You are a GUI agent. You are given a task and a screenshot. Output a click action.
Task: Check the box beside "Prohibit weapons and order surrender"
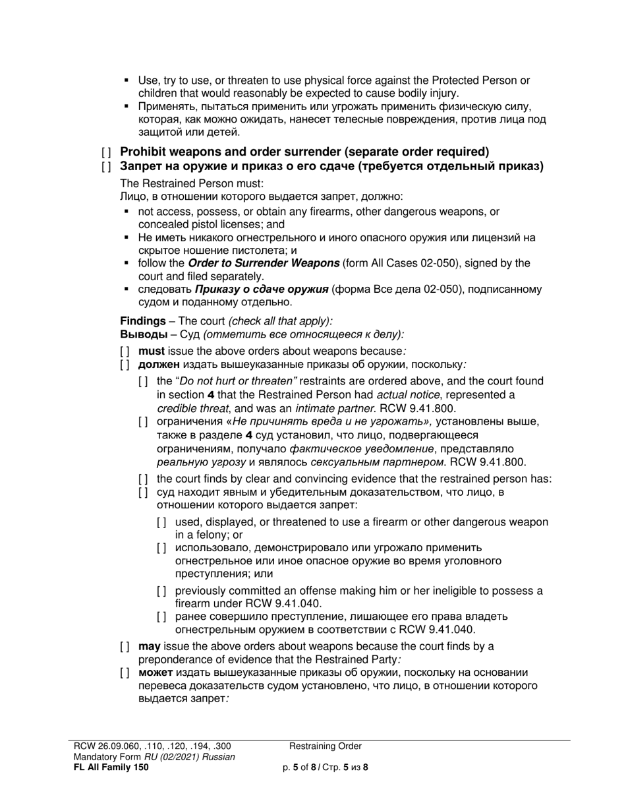pos(106,152)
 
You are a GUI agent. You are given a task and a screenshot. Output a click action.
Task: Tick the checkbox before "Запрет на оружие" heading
pos(106,167)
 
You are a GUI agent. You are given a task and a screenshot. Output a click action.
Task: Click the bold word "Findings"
pos(143,321)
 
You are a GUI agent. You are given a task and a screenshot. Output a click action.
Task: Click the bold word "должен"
pos(159,364)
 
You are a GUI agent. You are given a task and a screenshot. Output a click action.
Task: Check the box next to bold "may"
pos(125,646)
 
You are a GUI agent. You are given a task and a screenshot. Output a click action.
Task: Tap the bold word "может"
pos(156,673)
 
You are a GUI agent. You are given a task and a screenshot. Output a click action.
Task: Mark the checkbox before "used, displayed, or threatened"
pos(162,522)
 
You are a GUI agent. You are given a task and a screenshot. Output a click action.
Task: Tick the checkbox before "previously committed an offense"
pos(162,591)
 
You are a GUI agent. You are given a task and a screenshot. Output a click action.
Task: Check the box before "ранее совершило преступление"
pos(162,617)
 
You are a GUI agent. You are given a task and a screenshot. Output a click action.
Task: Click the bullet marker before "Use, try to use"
pos(127,81)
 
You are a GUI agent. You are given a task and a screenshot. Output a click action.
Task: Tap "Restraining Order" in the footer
pos(325,746)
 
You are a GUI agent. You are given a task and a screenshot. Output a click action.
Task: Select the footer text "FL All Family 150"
pos(111,767)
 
